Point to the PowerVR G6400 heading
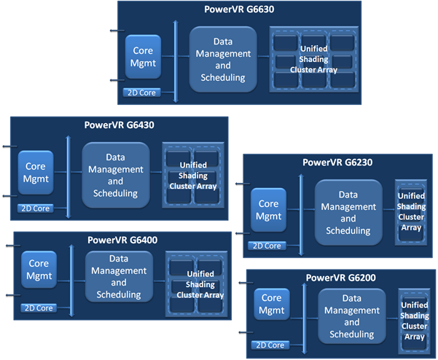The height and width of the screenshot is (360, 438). (122, 239)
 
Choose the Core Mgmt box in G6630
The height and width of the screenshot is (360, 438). (144, 57)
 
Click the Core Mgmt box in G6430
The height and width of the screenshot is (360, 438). (36, 173)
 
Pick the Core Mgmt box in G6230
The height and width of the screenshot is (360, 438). (269, 210)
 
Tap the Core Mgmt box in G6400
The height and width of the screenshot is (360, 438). (39, 269)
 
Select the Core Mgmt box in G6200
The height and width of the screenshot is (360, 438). (271, 304)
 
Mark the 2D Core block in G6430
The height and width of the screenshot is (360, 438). (34, 208)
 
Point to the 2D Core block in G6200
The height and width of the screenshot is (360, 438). (268, 344)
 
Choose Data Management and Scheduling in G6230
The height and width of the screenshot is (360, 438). (348, 213)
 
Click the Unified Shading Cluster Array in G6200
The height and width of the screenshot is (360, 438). (414, 321)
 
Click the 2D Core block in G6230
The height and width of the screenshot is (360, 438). (267, 246)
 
